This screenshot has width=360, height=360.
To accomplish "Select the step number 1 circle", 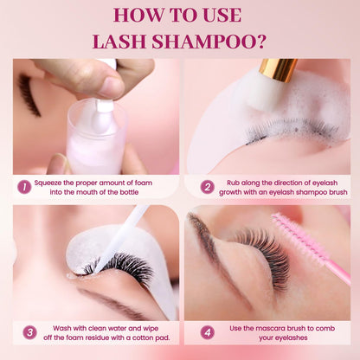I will coord(24,186).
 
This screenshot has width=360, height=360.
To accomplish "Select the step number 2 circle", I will coord(207,186).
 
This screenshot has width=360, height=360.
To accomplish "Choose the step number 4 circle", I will coord(207,331).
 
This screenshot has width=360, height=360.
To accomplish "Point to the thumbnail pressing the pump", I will coord(110,86).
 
